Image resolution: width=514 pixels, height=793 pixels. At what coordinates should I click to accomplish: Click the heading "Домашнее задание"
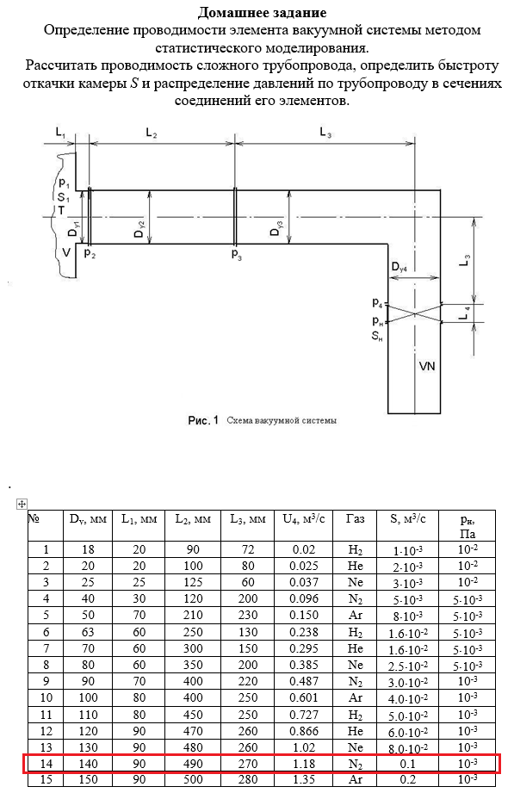(x=262, y=12)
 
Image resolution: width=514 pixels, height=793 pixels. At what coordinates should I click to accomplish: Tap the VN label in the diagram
(x=428, y=366)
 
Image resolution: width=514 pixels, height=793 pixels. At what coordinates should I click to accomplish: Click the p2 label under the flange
(x=90, y=253)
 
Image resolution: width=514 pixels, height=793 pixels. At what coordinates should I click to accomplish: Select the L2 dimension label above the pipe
(x=152, y=133)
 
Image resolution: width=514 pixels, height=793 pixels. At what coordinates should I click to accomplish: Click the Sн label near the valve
(x=377, y=335)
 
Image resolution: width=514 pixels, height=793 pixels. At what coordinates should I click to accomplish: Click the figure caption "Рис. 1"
(x=203, y=420)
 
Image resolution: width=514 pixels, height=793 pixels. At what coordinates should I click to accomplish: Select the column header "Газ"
(x=355, y=518)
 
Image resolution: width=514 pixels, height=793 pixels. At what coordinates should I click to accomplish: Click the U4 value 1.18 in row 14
(x=304, y=763)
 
